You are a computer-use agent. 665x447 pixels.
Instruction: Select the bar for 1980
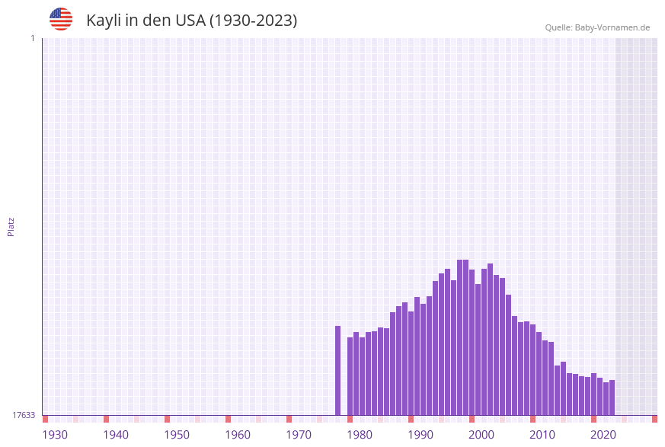pyautogui.click(x=350, y=376)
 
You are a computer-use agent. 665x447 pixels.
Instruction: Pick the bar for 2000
pyautogui.click(x=472, y=342)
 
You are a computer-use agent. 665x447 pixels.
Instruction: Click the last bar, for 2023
pyautogui.click(x=612, y=398)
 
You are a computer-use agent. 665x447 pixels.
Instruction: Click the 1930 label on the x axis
pyautogui.click(x=55, y=435)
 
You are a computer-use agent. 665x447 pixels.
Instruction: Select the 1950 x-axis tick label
pyautogui.click(x=177, y=435)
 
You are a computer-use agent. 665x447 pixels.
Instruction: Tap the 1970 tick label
pyautogui.click(x=299, y=435)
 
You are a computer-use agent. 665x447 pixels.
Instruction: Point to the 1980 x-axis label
pyautogui.click(x=360, y=435)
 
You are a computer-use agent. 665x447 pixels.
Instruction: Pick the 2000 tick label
pyautogui.click(x=481, y=435)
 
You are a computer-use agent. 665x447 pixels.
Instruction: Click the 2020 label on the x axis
pyautogui.click(x=603, y=435)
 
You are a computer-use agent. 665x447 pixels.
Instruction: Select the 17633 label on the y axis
pyautogui.click(x=24, y=415)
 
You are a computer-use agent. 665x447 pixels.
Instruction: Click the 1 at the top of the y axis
pyautogui.click(x=33, y=38)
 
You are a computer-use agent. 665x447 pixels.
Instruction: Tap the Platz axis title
pyautogui.click(x=11, y=226)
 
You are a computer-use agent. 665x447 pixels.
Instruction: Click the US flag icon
pyautogui.click(x=61, y=19)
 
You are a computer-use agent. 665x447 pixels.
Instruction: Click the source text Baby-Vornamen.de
pyautogui.click(x=612, y=27)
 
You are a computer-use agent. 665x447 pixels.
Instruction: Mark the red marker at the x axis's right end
pyautogui.click(x=654, y=419)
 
